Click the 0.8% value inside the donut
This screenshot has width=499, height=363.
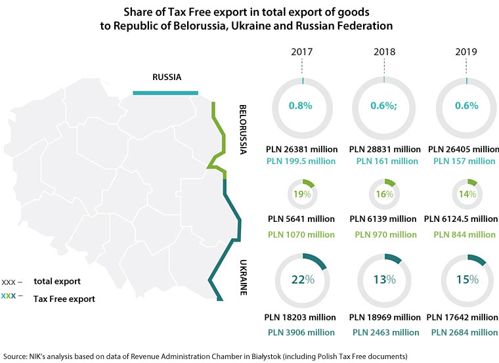click(302, 105)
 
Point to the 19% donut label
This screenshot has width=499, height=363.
click(302, 194)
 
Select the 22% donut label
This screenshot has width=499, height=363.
click(302, 279)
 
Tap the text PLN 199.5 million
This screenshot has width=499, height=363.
click(302, 161)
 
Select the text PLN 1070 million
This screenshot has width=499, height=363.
click(302, 234)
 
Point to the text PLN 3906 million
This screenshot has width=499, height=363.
click(302, 332)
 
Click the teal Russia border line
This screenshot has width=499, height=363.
click(165, 93)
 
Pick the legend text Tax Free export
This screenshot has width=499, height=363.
click(64, 299)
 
